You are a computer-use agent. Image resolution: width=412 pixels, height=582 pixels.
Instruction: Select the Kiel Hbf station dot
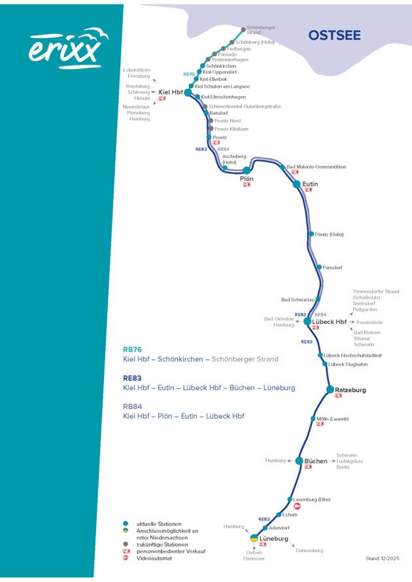tap(188, 93)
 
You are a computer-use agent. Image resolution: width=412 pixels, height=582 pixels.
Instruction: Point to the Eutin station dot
tap(296, 184)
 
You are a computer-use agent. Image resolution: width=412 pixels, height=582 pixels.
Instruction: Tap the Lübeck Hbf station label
tap(330, 322)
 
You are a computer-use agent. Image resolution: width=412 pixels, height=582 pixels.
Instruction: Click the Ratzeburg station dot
tap(330, 389)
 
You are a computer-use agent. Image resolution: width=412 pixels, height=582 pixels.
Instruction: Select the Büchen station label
tap(316, 461)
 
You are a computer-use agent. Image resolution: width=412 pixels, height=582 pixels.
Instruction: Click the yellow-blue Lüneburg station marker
tap(254, 538)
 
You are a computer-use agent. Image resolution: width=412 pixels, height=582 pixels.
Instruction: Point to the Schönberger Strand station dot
tap(243, 29)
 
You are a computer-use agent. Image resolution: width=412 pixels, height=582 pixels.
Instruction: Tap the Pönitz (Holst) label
tap(329, 234)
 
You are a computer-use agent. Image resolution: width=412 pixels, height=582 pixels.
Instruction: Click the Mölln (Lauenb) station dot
tap(313, 418)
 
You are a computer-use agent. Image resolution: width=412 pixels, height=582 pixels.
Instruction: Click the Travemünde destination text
tap(368, 323)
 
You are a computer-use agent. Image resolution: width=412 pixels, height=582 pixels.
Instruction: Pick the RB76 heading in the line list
tap(133, 349)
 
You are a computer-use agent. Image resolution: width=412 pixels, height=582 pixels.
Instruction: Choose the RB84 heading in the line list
tap(133, 406)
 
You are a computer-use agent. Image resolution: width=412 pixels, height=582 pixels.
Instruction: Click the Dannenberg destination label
tap(309, 551)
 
